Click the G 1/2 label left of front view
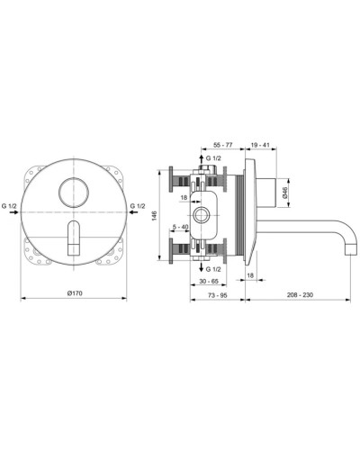pos(12,206)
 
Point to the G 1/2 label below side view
pos(214,268)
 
